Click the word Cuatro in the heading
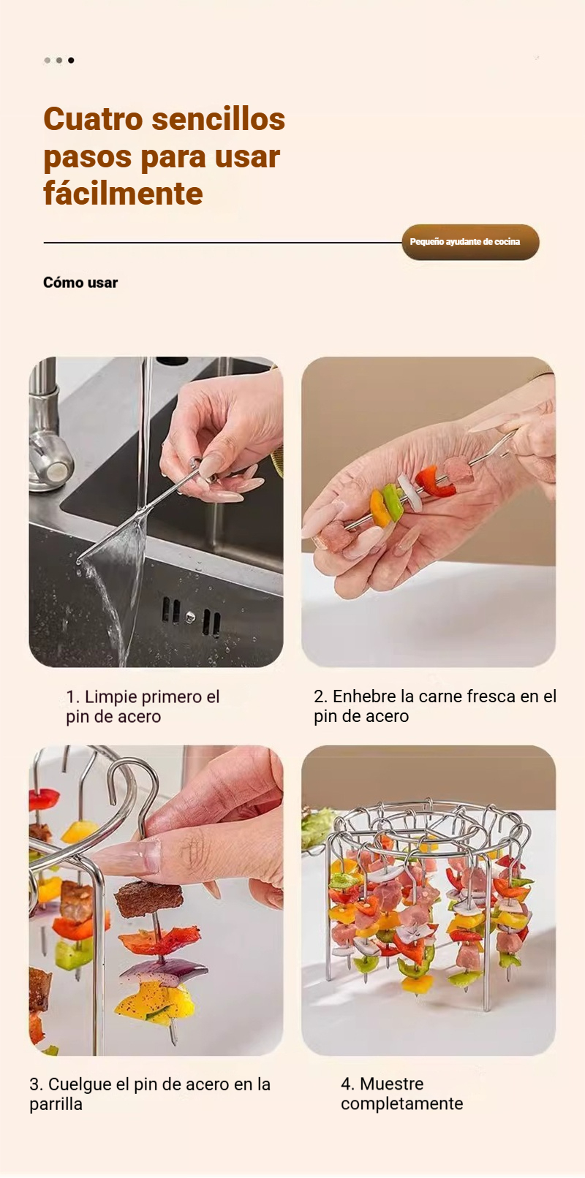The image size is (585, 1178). coord(93,119)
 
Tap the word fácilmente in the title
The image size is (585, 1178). coord(123,194)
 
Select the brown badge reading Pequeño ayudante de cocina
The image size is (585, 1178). coord(470,242)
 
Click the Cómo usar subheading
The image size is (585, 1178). coord(80,282)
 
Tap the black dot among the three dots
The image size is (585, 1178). coord(71,61)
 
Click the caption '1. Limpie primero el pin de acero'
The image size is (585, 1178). coord(143,706)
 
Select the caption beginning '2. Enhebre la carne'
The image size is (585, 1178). coord(435,706)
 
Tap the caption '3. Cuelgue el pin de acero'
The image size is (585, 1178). coord(150,1094)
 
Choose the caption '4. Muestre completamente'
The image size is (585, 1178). coord(402,1093)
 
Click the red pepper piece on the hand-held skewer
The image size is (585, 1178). coord(434,481)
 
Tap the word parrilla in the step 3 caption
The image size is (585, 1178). coord(56,1104)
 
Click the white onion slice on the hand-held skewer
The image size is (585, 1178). coord(409,493)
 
